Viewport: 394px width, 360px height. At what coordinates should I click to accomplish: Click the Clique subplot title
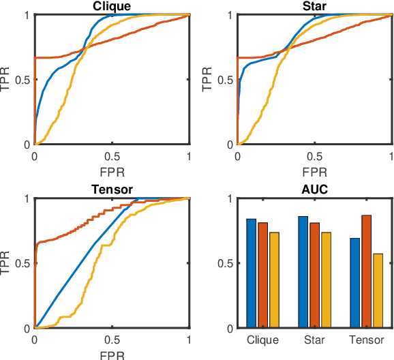pyautogui.click(x=112, y=6)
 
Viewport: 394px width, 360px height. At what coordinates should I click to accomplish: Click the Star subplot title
pyautogui.click(x=314, y=6)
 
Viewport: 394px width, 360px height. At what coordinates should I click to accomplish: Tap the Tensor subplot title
pyautogui.click(x=112, y=190)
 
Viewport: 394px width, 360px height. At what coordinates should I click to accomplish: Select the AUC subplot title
pyautogui.click(x=314, y=190)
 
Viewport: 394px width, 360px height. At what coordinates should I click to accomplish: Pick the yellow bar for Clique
pyautogui.click(x=275, y=280)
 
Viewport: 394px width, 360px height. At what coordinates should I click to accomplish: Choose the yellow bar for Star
pyautogui.click(x=327, y=280)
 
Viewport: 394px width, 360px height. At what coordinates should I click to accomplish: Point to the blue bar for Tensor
pyautogui.click(x=355, y=283)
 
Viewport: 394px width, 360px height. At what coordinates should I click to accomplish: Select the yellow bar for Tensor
pyautogui.click(x=378, y=290)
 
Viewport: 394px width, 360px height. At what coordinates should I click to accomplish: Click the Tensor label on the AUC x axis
pyautogui.click(x=367, y=339)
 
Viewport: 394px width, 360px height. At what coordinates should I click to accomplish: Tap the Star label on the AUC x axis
pyautogui.click(x=315, y=339)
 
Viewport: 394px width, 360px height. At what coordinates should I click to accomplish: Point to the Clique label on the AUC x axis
pyautogui.click(x=263, y=339)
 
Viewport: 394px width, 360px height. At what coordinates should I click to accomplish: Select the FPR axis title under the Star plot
pyautogui.click(x=314, y=170)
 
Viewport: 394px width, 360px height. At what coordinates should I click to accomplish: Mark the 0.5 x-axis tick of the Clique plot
pyautogui.click(x=112, y=156)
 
